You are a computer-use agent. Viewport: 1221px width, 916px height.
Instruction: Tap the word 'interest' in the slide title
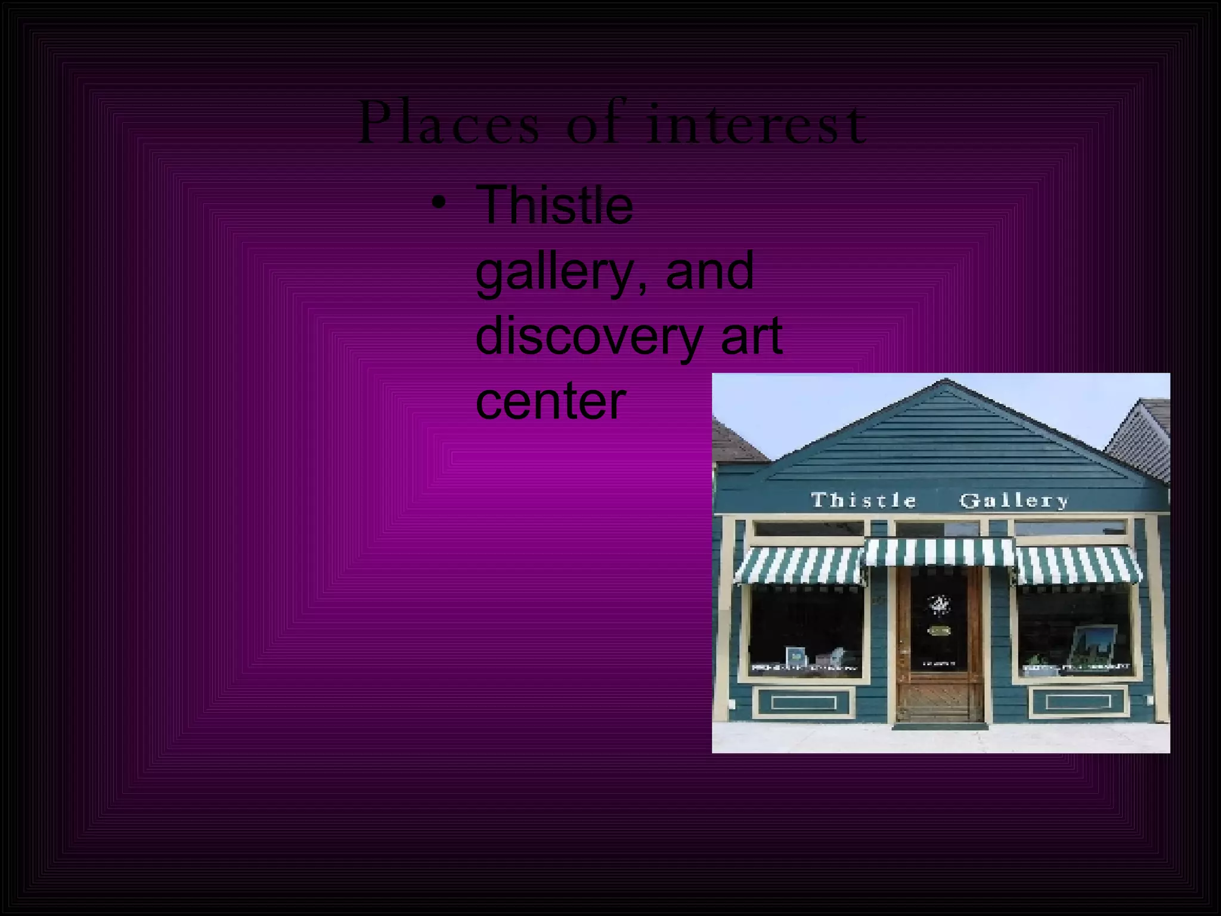coord(756,123)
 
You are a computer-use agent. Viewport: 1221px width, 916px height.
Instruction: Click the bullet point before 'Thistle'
coord(439,203)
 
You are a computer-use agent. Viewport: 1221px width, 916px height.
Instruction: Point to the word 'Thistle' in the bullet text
coord(554,205)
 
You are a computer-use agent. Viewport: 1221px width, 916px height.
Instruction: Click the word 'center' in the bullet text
coord(550,401)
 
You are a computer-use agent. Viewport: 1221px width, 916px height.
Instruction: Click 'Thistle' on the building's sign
coord(863,500)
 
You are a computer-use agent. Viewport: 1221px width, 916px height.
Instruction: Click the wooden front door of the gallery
coord(940,650)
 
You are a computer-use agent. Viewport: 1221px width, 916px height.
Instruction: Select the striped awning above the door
coord(940,552)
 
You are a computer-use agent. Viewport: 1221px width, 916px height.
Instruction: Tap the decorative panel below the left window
coord(804,703)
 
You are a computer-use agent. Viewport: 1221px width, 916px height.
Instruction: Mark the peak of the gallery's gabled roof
coord(945,382)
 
